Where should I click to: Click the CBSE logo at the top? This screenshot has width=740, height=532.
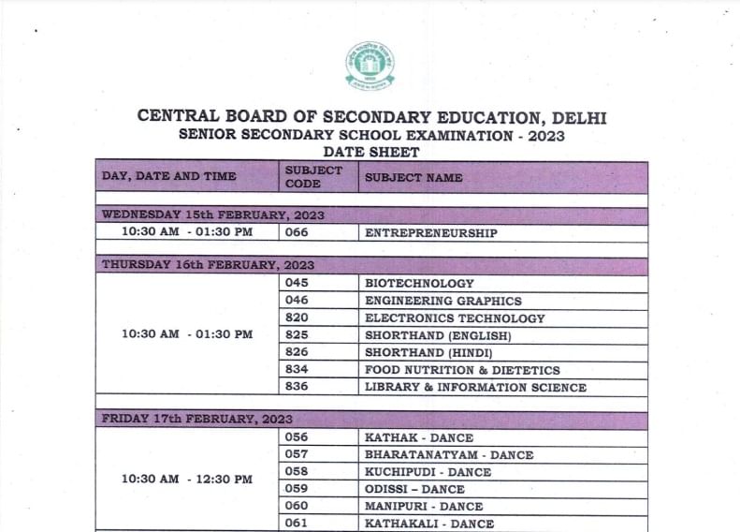pos(370,66)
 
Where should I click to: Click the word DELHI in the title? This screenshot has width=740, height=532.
pos(579,117)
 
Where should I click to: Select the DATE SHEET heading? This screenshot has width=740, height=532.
pos(370,152)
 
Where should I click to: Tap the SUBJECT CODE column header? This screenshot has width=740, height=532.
pos(313,177)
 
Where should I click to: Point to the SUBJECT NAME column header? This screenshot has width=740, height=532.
pos(414,177)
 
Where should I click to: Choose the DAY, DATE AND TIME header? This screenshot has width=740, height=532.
pos(169,176)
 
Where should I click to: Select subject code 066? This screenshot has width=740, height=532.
pos(297,233)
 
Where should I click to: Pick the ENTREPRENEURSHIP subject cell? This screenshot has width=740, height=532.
pos(430,233)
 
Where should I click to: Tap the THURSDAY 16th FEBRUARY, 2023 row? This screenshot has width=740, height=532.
pos(208,265)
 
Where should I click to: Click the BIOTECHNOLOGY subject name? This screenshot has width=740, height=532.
pos(419,283)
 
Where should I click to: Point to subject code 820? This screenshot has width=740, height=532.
pos(297,318)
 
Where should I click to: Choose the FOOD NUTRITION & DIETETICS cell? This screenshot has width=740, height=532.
pos(462,370)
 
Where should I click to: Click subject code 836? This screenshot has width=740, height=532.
pos(297,387)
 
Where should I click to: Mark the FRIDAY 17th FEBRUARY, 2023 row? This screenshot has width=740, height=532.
pos(197,419)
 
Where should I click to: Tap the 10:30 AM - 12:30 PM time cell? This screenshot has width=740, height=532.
pos(187,479)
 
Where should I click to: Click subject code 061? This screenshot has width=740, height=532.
pos(297,523)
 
